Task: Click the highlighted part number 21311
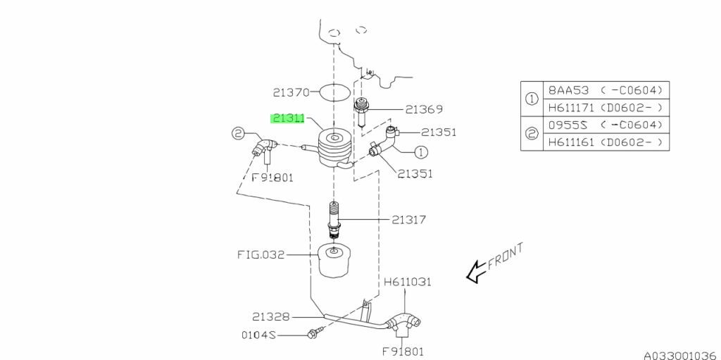coord(289,120)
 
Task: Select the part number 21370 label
coord(291,92)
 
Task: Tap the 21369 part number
coord(424,109)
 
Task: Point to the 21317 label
coord(410,220)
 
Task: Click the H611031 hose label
coord(408,282)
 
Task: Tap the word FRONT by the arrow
coord(504,258)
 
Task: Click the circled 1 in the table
coord(532,99)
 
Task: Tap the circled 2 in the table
coord(532,133)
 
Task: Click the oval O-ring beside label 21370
coord(334,92)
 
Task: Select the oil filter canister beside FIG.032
coord(333,261)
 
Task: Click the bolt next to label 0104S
coord(314,334)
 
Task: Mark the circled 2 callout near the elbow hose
coord(237,132)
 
